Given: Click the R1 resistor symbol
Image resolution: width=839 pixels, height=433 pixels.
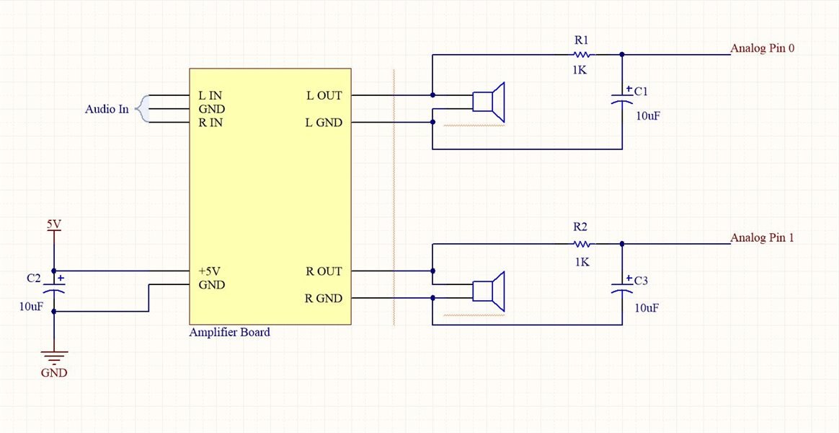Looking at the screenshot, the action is (582, 54).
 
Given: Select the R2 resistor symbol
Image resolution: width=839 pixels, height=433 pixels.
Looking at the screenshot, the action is (582, 244).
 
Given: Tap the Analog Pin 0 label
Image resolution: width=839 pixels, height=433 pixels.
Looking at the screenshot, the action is (763, 48).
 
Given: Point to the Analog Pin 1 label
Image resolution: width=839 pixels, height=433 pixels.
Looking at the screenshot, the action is (763, 237).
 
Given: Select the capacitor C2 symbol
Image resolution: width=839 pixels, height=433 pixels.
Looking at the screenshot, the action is (53, 285).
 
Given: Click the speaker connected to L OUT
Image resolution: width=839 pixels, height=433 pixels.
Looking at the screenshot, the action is (489, 102).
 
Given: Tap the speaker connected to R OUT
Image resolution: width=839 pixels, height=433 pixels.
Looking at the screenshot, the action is (489, 291).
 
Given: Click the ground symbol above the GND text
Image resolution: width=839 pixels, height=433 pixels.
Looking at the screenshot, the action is (54, 357).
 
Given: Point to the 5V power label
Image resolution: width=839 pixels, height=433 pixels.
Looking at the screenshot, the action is (53, 224).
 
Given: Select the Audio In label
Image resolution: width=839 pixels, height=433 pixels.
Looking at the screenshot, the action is (107, 109).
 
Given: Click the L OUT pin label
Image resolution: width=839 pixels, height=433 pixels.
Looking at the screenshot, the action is (324, 96).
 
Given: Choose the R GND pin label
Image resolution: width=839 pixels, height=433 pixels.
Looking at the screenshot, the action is (324, 299).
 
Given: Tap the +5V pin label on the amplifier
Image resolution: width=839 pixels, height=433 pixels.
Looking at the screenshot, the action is (210, 271).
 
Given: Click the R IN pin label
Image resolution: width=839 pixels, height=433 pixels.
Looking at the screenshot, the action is (210, 123).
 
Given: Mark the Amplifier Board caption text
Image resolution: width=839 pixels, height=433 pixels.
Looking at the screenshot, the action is (229, 332).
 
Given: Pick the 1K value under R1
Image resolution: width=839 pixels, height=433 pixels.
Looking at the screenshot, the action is (580, 70).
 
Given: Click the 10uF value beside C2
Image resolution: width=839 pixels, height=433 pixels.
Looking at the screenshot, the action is (32, 307).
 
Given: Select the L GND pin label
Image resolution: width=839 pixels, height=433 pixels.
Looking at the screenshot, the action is (324, 123).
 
